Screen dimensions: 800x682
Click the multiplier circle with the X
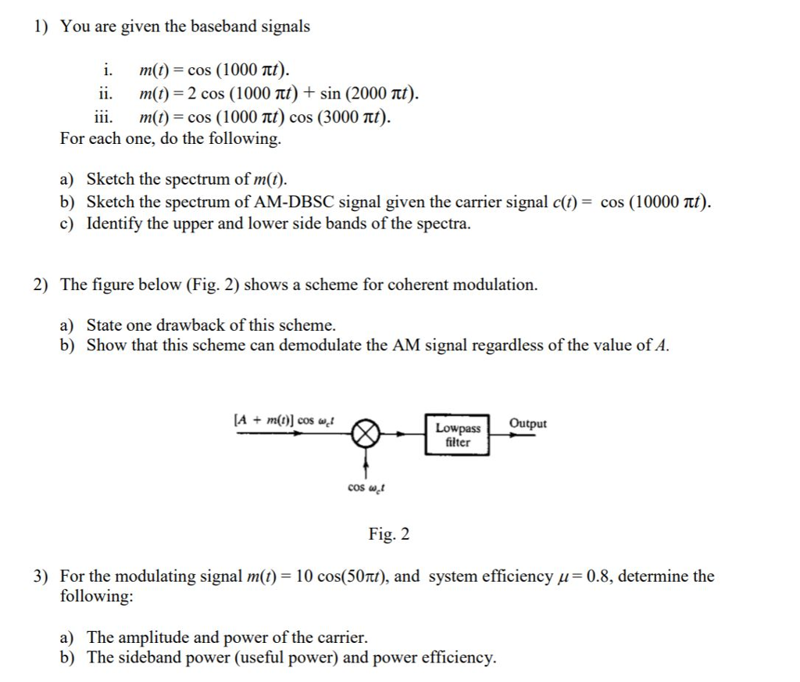pyautogui.click(x=369, y=433)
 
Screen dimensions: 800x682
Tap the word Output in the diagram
pyautogui.click(x=528, y=423)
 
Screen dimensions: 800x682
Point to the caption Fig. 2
pyautogui.click(x=389, y=535)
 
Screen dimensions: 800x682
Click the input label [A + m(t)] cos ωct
pyautogui.click(x=284, y=421)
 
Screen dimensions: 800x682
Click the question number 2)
pyautogui.click(x=41, y=285)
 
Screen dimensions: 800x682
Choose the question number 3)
pyautogui.click(x=41, y=577)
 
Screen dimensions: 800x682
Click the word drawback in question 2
pyautogui.click(x=191, y=325)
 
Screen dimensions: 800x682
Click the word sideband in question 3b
pyautogui.click(x=148, y=657)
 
